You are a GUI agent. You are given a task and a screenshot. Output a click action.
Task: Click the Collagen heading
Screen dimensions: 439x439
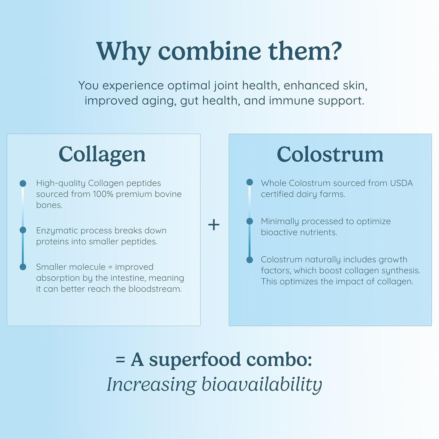(102, 155)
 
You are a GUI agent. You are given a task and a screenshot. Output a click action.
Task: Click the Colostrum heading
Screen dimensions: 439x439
(330, 154)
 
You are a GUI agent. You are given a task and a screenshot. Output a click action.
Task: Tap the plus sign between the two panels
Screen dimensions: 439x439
(214, 225)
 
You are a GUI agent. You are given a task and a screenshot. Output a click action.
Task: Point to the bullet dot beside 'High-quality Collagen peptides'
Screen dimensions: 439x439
(23, 183)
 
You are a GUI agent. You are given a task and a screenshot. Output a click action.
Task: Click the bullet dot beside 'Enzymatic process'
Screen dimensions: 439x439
(23, 230)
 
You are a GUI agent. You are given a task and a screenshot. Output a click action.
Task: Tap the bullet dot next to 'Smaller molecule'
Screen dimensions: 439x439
(23, 267)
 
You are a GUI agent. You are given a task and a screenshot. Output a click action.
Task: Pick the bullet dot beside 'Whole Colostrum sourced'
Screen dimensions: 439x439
(250, 182)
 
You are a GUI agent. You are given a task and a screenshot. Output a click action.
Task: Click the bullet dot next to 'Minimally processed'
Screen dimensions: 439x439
(250, 221)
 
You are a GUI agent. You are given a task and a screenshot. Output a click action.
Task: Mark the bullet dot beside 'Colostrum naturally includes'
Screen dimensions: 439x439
(250, 260)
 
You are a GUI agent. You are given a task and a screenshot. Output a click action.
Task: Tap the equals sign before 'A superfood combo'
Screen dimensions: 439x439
(120, 360)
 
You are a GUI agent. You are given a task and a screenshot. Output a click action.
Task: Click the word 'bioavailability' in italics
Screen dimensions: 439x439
(262, 385)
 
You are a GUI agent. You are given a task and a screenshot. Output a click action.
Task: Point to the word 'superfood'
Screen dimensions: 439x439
(195, 359)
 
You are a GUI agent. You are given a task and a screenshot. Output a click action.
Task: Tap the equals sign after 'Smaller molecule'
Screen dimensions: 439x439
(110, 267)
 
